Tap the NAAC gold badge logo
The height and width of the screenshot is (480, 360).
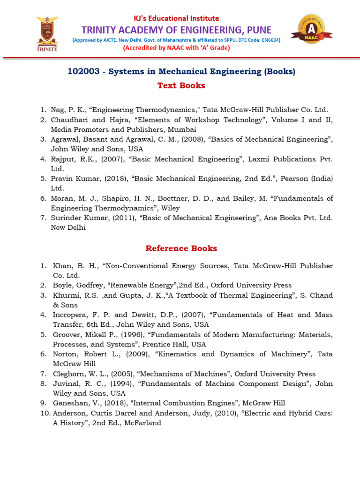312,32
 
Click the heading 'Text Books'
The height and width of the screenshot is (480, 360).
181,85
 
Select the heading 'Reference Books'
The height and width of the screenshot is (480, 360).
181,248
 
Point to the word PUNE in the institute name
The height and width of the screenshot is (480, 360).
258,30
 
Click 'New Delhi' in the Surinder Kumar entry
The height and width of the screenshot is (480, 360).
68,228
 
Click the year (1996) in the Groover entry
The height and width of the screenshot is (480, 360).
131,335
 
